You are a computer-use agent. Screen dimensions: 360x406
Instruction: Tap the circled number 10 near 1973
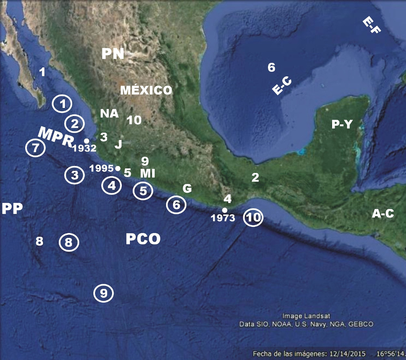click(253, 218)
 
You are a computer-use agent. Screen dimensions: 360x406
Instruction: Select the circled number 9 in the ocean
click(104, 293)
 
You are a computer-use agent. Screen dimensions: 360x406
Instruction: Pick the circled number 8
click(69, 243)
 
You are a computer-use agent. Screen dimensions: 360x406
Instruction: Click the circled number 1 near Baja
click(62, 104)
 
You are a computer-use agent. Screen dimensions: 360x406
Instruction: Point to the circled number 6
click(176, 205)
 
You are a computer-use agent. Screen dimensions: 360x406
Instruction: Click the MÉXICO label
click(146, 90)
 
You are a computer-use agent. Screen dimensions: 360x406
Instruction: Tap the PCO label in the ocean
click(143, 239)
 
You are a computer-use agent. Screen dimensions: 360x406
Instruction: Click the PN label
click(112, 54)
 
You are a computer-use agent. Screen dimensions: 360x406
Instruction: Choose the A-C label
click(383, 214)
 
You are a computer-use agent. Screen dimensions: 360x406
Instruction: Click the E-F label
click(371, 25)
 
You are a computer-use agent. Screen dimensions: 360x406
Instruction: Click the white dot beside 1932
click(86, 140)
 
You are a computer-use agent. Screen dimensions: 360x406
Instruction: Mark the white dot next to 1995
click(117, 168)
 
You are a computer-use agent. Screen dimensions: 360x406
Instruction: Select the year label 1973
click(223, 218)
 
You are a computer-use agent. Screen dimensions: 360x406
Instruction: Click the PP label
click(12, 209)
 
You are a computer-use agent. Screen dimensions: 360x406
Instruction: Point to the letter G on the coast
click(187, 188)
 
